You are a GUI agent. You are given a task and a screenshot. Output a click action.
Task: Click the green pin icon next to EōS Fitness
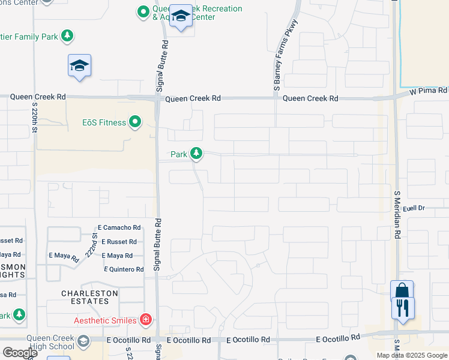(135, 123)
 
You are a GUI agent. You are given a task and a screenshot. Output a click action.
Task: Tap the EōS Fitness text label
(104, 123)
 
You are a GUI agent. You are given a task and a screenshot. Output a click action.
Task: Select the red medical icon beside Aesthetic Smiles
(145, 320)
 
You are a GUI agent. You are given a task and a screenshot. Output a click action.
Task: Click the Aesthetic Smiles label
(105, 320)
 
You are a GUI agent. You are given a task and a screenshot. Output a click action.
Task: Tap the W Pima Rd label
(429, 91)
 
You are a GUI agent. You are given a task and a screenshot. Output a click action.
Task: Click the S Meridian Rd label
(397, 215)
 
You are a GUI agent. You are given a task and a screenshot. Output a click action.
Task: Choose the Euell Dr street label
(414, 208)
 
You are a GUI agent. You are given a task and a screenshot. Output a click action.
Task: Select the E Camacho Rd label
(119, 228)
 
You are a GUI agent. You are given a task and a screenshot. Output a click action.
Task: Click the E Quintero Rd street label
(124, 269)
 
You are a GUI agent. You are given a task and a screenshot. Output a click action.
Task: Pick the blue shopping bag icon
(402, 290)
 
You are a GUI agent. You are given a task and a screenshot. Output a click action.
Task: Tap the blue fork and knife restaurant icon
(402, 308)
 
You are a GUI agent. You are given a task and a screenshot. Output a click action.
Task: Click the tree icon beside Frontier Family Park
(68, 37)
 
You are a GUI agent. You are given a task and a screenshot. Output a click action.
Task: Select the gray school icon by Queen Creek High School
(83, 342)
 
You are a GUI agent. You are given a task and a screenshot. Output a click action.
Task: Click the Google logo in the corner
(20, 353)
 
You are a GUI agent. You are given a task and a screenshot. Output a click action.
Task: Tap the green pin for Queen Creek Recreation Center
(143, 11)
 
